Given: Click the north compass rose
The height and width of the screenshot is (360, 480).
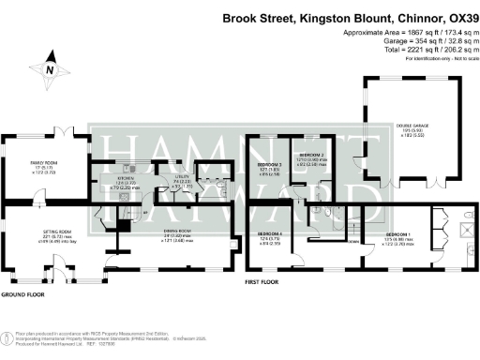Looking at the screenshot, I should point(49,69).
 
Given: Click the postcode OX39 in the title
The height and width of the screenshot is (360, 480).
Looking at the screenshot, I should point(455,19).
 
